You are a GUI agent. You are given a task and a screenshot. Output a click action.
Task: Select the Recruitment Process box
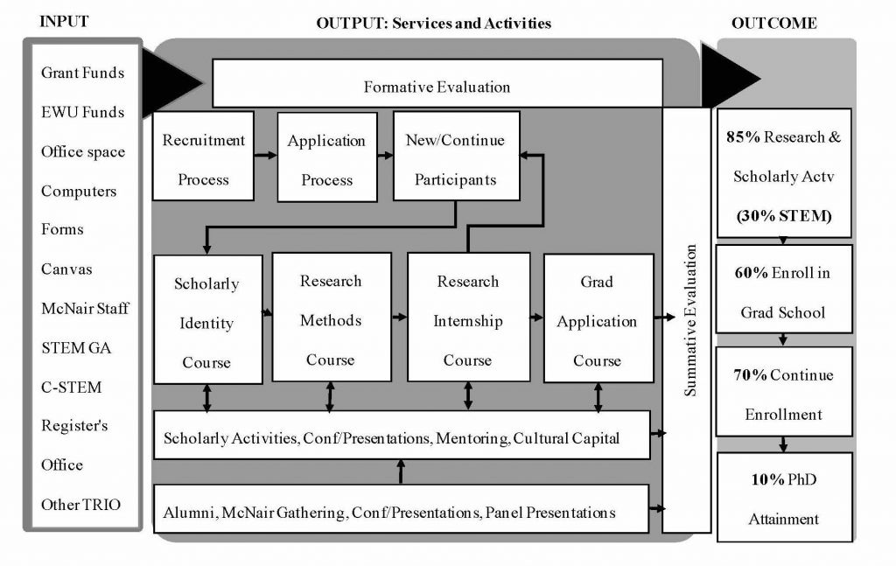point(203,160)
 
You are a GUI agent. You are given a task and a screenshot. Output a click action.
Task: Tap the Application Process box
point(326,160)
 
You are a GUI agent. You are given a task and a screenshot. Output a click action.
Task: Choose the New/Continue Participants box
point(456,160)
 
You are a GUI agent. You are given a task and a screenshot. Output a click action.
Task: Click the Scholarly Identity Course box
point(207,320)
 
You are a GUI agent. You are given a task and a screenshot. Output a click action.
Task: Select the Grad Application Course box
point(598,318)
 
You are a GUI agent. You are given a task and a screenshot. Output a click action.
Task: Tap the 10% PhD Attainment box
point(784,500)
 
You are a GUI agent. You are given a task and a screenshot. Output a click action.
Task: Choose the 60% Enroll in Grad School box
point(784,291)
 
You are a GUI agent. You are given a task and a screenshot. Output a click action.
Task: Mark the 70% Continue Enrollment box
point(784,394)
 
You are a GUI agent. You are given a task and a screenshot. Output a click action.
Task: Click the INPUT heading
point(65,22)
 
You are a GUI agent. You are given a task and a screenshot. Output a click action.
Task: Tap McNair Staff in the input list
point(85,308)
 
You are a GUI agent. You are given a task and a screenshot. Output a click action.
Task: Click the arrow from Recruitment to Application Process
point(265,156)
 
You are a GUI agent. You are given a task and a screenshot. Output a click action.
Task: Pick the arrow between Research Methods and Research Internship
point(399,316)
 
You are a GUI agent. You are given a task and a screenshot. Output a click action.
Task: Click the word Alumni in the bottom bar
point(187,513)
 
